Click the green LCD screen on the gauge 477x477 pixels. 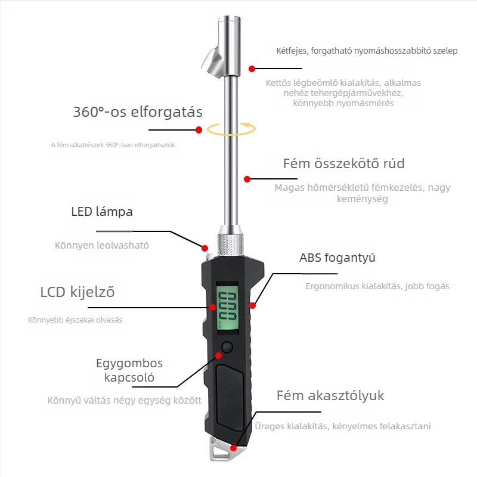click(x=227, y=305)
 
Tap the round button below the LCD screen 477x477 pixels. click(x=227, y=347)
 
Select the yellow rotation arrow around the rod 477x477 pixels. click(x=231, y=129)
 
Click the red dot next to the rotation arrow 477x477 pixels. click(x=199, y=130)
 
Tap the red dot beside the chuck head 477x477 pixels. click(x=252, y=69)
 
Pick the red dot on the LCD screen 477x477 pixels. click(x=212, y=307)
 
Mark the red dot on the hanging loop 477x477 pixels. click(x=233, y=448)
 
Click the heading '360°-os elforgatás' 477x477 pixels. click(x=138, y=111)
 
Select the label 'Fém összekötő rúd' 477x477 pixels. click(x=344, y=163)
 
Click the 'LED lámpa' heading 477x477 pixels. click(x=102, y=212)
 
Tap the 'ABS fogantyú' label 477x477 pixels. click(x=337, y=258)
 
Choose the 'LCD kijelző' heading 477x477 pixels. click(x=78, y=292)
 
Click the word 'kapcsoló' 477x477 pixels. click(x=129, y=377)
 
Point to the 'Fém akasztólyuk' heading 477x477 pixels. click(x=330, y=395)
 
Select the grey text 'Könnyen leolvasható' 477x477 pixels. click(x=102, y=245)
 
